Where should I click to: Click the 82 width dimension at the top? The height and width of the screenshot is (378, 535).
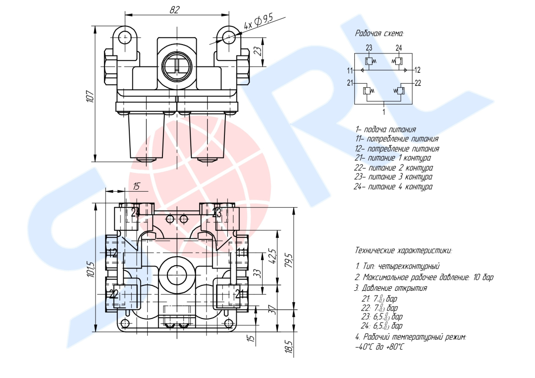[x=174, y=10]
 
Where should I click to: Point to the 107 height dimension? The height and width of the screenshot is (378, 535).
[x=90, y=97]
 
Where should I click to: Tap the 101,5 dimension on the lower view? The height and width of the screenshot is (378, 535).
[x=91, y=269]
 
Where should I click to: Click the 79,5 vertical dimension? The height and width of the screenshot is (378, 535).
[x=289, y=260]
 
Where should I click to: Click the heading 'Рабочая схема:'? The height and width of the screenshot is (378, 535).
[x=379, y=33]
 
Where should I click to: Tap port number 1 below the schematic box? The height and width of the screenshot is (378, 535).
[x=384, y=111]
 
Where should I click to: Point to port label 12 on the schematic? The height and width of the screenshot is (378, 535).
[x=417, y=70]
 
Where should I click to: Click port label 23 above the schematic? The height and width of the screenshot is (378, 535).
[x=369, y=48]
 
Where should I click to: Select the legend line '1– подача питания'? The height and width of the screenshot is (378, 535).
[x=385, y=130]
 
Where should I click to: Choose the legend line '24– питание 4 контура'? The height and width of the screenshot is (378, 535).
[x=393, y=187]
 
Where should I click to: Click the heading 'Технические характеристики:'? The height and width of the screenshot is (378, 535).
[x=403, y=251]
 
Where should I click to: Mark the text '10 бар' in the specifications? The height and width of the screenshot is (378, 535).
[x=483, y=277]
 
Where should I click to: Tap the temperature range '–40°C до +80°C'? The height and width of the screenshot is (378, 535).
[x=379, y=347]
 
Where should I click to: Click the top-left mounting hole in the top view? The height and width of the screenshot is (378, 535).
[x=125, y=37]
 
